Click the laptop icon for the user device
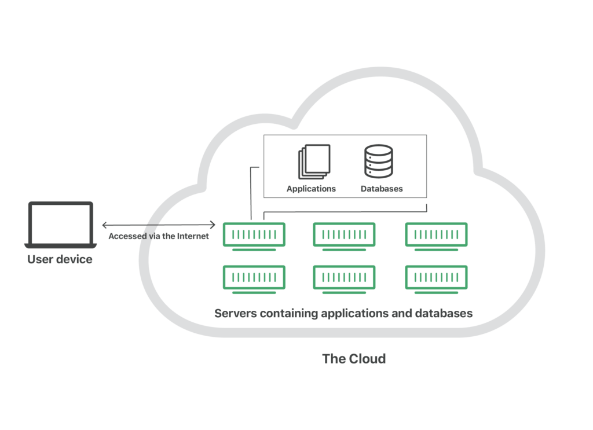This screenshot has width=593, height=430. point(60,225)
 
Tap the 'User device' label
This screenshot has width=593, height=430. point(60,259)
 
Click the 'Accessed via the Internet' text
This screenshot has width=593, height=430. point(159,236)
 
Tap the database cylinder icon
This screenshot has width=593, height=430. point(379,161)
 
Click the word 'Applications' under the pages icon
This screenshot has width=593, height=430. point(312,189)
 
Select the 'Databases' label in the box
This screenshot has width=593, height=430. point(382,189)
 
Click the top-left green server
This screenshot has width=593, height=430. point(254,235)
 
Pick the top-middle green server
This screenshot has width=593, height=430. point(344,235)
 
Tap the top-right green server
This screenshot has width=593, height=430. point(436,235)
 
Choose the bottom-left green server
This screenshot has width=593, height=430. point(254,278)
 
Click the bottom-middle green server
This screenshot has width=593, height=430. point(344,278)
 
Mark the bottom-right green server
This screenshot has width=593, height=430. point(436,278)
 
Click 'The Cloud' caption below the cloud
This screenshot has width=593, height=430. point(354,359)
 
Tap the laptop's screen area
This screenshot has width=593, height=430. point(60,223)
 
